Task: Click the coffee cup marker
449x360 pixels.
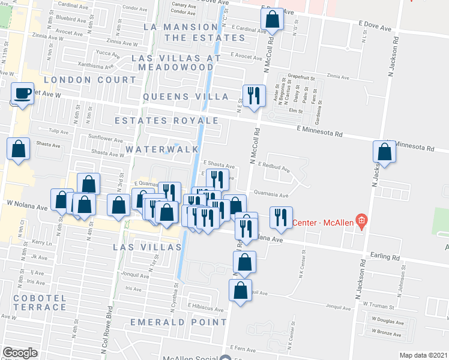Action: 23,94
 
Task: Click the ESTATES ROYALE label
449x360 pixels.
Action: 167,121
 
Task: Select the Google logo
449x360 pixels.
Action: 20,353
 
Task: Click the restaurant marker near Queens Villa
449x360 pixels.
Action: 253,95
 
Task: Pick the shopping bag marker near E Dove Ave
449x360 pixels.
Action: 273,20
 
